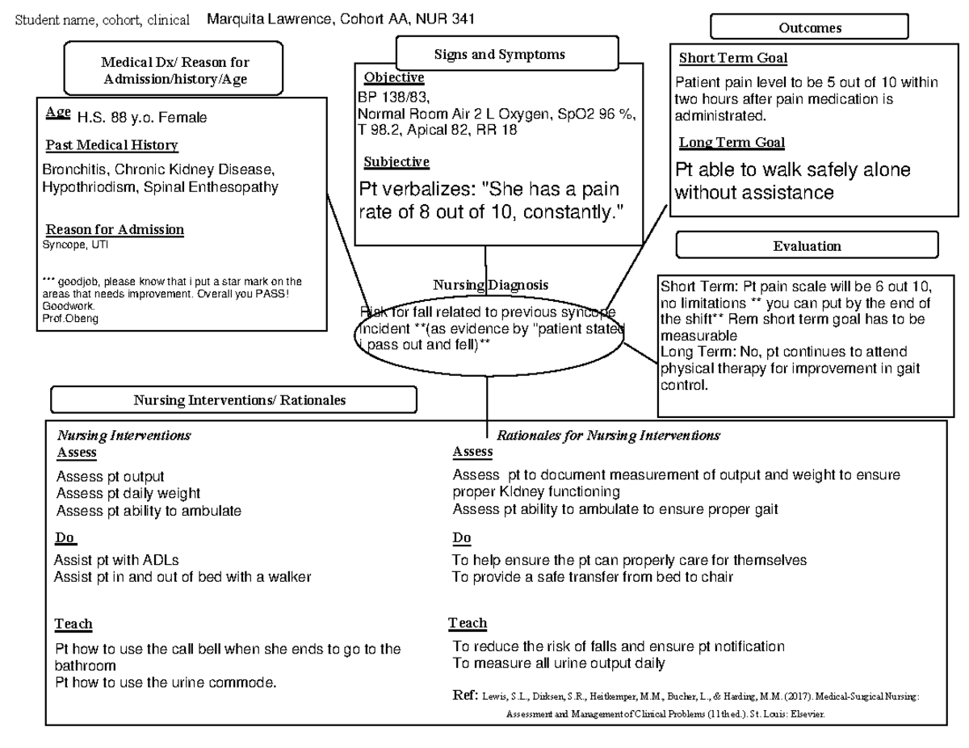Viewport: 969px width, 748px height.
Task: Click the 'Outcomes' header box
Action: [809, 27]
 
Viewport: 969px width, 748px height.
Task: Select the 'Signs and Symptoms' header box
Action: [500, 55]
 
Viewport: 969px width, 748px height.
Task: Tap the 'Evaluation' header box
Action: [807, 246]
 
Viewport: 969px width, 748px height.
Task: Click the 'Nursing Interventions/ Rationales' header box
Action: [234, 400]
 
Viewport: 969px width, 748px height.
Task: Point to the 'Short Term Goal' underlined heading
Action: [732, 58]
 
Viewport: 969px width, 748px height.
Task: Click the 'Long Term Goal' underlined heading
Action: [731, 142]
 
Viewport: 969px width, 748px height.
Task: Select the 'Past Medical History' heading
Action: [111, 146]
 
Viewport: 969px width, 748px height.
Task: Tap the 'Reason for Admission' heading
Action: [115, 230]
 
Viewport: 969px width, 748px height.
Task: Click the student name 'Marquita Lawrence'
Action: [267, 19]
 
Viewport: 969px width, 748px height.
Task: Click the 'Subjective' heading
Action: [396, 162]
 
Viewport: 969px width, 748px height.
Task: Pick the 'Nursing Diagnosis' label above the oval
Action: [490, 285]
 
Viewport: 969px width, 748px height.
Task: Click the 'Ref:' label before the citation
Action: [467, 696]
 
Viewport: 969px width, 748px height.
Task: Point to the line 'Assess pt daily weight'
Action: [128, 493]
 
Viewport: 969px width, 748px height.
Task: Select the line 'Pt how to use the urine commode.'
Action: [166, 683]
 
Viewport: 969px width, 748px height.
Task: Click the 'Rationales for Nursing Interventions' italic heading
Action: [607, 436]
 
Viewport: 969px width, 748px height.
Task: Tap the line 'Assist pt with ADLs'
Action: [116, 560]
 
